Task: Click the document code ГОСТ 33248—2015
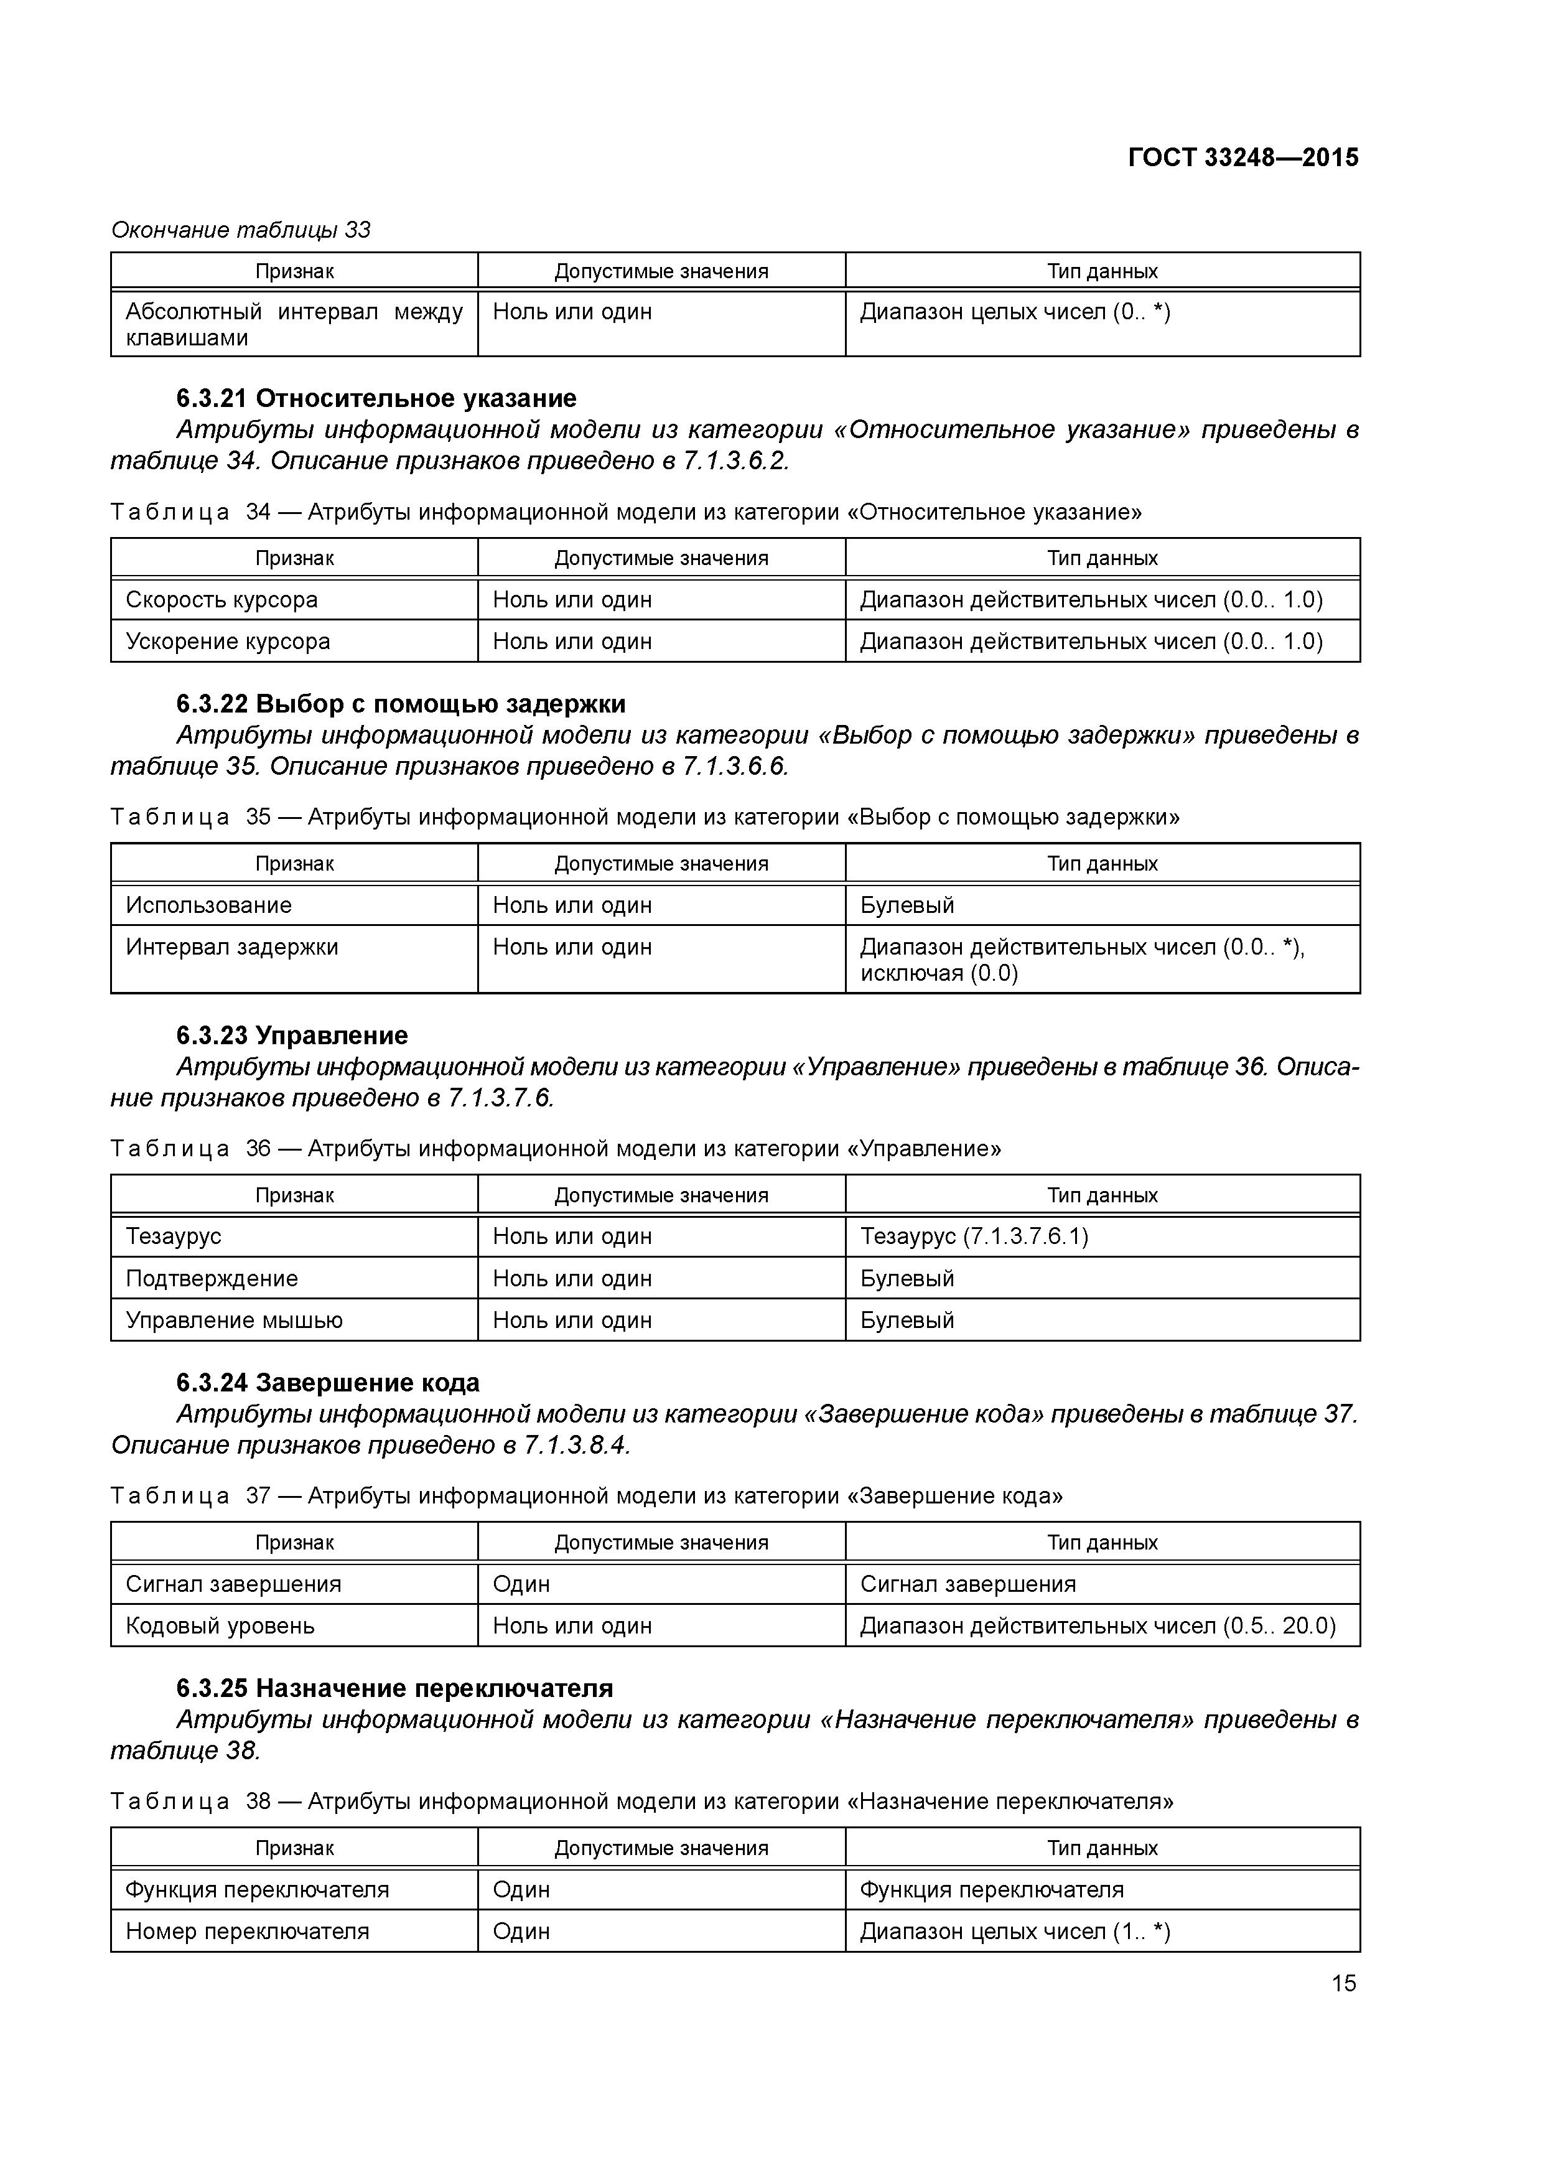point(1242,158)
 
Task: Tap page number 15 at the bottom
point(1343,1983)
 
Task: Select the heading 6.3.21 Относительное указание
point(376,398)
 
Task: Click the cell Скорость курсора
point(221,600)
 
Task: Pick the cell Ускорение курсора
point(227,642)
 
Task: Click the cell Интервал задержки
point(232,947)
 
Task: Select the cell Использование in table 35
point(208,905)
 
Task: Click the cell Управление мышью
point(234,1320)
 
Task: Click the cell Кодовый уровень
point(220,1626)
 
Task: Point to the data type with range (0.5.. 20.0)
point(1097,1626)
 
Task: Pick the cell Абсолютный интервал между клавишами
point(294,324)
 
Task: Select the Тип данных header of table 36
point(1102,1195)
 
